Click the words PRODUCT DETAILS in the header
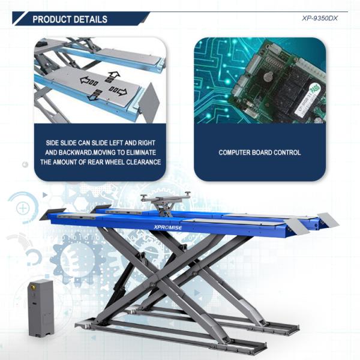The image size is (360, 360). [70, 19]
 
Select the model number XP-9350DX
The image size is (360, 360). [320, 18]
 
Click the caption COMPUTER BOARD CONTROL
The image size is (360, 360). [260, 153]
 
